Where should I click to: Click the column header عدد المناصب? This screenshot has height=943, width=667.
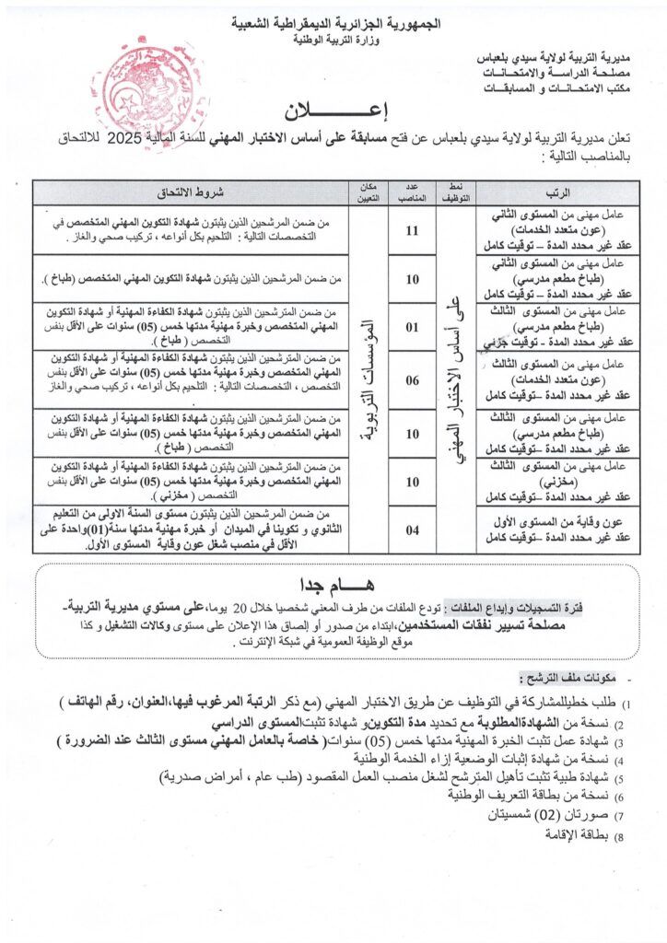coord(412,192)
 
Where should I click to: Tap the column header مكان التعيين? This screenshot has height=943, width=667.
coord(361,192)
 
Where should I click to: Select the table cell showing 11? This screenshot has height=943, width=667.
coord(412,229)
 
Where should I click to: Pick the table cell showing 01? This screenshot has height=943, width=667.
coord(412,325)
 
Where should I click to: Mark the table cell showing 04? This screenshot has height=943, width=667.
coord(412,529)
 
